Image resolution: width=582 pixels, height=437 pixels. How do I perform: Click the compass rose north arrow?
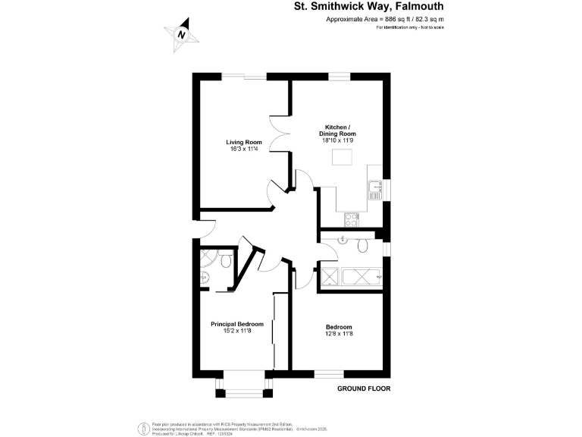[x=182, y=35]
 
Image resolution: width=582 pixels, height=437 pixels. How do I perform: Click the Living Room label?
[x=244, y=142]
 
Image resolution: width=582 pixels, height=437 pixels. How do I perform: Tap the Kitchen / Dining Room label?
[x=337, y=130]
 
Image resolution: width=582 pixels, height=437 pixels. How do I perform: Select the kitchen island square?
[x=343, y=157]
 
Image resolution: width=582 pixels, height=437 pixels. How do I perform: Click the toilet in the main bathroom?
[x=363, y=244]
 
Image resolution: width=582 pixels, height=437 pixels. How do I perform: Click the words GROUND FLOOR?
[x=363, y=388]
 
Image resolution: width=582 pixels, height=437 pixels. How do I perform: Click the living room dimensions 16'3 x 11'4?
[x=244, y=149]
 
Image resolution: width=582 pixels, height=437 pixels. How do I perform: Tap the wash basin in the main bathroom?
[x=343, y=241]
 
